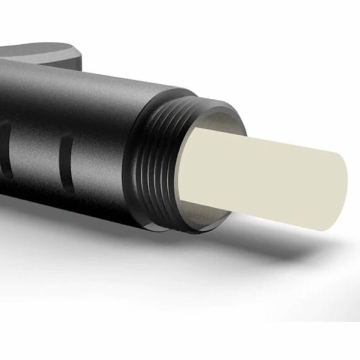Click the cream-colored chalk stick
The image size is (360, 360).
pyautogui.click(x=263, y=180)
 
